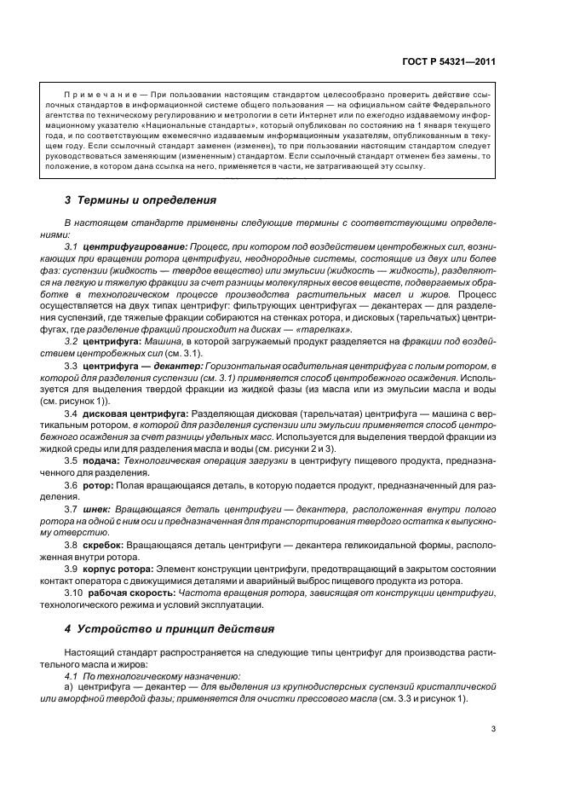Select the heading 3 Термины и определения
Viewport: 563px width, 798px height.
pyautogui.click(x=141, y=201)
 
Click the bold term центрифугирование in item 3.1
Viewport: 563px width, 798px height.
pyautogui.click(x=135, y=246)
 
